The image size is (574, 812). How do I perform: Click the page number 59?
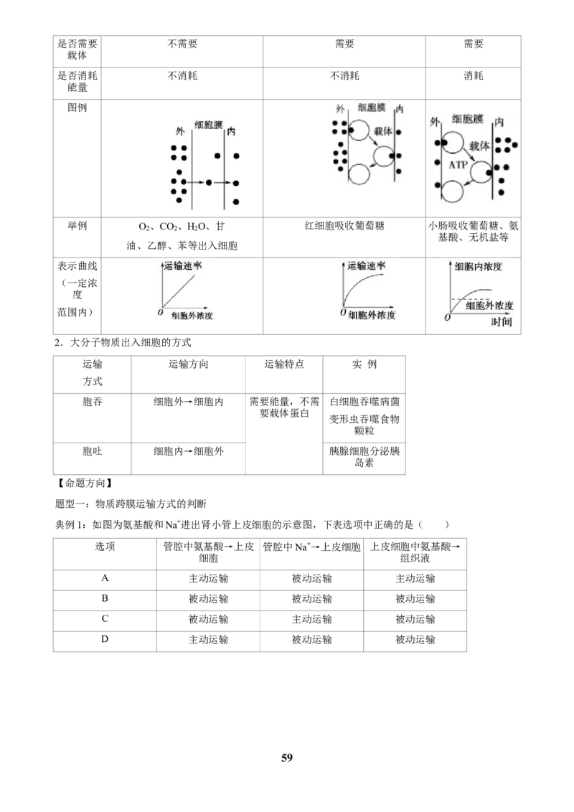(x=287, y=757)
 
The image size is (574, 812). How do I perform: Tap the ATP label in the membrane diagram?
(x=458, y=165)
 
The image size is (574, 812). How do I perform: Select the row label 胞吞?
(x=93, y=402)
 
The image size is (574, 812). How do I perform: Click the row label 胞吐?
(x=93, y=451)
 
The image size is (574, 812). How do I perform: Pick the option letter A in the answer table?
(x=105, y=578)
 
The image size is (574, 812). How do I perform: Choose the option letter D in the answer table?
(x=105, y=639)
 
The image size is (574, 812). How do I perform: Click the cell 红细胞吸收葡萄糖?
(x=344, y=226)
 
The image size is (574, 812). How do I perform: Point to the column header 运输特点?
(x=284, y=364)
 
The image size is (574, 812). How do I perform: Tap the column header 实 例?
(x=364, y=364)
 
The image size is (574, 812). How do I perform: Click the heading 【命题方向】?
(x=85, y=483)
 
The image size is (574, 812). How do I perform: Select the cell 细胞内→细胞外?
(x=189, y=451)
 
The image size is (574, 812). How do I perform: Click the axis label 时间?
(x=502, y=322)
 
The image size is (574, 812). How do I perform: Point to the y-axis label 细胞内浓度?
(x=478, y=267)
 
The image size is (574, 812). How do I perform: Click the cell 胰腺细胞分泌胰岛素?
(x=364, y=457)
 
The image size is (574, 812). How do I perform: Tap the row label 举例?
(x=77, y=226)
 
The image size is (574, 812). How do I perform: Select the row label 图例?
(x=77, y=108)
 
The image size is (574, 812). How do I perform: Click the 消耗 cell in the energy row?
(x=474, y=75)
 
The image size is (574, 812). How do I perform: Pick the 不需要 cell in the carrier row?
(x=182, y=44)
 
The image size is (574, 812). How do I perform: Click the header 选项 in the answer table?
(x=105, y=547)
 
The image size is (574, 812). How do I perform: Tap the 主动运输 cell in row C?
(x=311, y=619)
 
